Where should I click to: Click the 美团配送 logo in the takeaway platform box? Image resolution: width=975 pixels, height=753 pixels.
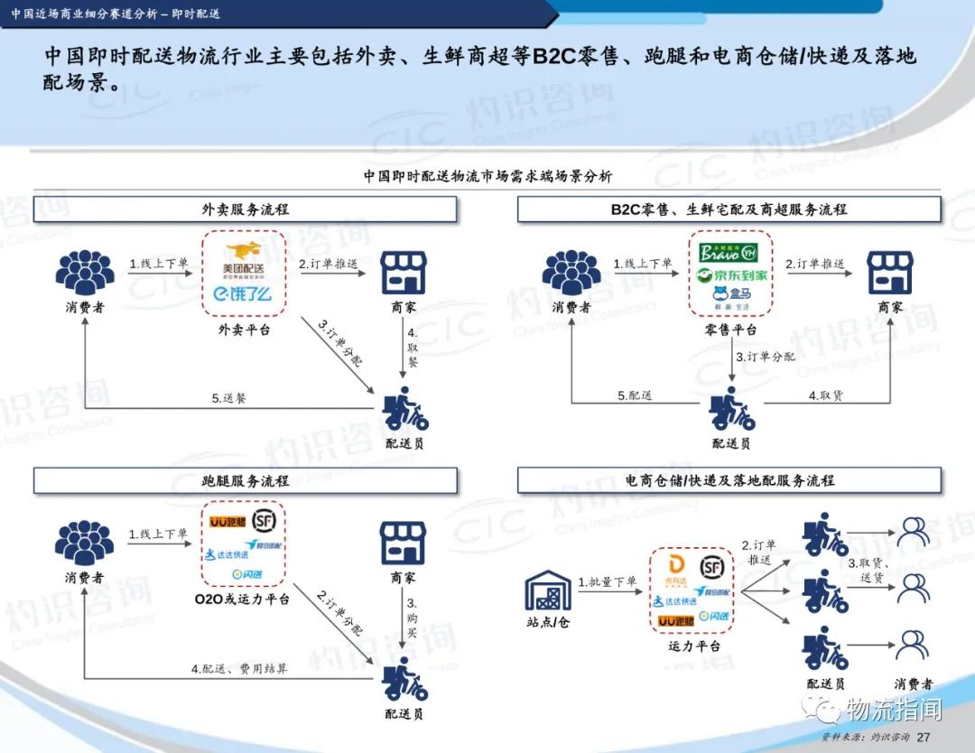(x=244, y=257)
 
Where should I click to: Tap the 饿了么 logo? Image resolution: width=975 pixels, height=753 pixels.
(x=243, y=293)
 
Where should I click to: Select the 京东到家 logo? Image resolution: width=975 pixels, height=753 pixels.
(x=732, y=274)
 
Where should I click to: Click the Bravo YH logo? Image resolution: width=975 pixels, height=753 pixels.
(x=731, y=251)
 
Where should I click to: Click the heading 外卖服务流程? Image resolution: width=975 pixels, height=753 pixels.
(x=246, y=209)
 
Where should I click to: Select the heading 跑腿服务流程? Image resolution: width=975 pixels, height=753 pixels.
(x=246, y=481)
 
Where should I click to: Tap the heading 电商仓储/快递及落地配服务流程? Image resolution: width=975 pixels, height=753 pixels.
(x=729, y=481)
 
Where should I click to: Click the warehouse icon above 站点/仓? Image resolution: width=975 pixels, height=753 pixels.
(x=548, y=591)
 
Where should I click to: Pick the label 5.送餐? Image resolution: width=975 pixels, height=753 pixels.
(x=229, y=397)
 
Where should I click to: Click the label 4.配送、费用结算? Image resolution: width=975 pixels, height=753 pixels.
(x=239, y=669)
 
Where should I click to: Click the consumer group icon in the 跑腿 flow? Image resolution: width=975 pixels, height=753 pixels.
(x=84, y=543)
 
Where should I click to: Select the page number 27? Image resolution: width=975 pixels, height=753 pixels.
(x=923, y=738)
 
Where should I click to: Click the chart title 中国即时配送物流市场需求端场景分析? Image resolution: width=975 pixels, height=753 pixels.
(x=487, y=176)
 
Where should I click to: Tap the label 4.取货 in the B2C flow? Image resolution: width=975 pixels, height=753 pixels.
(x=825, y=395)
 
